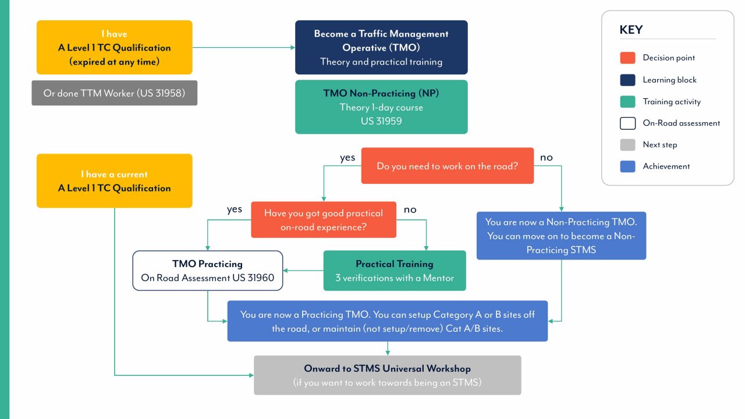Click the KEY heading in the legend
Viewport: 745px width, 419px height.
631,30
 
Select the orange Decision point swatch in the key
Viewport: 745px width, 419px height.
627,58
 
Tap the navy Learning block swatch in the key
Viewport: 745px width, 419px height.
627,80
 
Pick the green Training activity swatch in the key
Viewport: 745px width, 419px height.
627,101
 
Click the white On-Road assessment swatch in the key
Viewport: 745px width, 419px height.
627,123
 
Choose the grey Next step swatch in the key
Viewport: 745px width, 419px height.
627,144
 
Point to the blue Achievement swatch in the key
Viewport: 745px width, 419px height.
627,166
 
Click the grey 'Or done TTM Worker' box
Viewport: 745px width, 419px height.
114,93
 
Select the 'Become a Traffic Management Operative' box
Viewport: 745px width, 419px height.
381,48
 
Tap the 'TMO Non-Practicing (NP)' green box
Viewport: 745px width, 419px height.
381,107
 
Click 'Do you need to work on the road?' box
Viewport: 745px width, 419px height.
447,166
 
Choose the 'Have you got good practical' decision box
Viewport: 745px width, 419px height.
324,220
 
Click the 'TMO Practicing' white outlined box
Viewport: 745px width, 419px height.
208,271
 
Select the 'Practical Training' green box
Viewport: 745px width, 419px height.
395,271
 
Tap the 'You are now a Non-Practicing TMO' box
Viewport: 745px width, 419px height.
561,236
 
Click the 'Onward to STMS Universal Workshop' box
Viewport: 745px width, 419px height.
387,375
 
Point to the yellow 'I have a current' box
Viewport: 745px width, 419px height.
114,181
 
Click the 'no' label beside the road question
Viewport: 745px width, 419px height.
546,157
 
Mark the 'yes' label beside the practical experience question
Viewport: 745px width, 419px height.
234,210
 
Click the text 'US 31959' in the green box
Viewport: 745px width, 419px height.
381,121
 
